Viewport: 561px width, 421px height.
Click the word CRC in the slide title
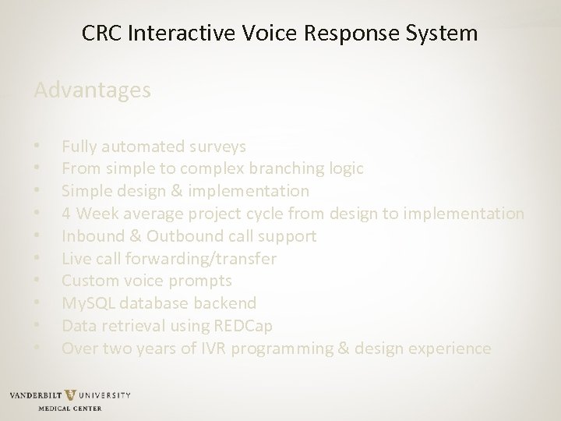pos(101,34)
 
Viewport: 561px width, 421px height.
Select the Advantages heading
pos(93,91)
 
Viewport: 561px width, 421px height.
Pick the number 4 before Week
pos(67,213)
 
